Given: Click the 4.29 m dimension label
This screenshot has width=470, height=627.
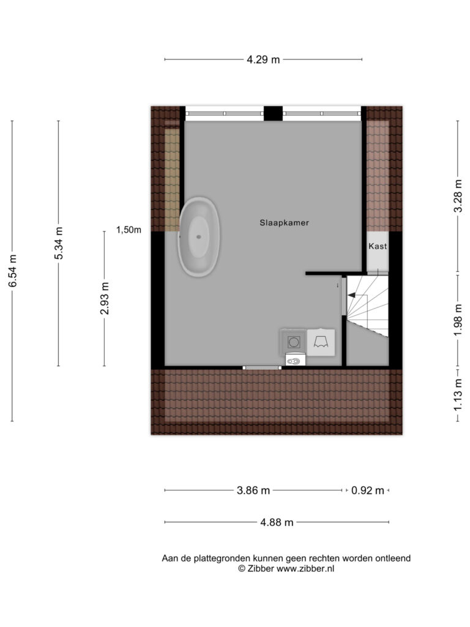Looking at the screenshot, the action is click(263, 59).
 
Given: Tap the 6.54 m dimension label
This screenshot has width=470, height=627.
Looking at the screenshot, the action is click(13, 271).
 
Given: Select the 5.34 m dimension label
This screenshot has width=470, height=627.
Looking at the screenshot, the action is click(59, 243).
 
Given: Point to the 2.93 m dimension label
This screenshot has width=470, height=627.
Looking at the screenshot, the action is click(104, 298).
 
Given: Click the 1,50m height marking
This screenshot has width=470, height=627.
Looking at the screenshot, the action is click(129, 230).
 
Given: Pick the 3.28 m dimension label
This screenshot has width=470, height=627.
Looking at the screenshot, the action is click(458, 196).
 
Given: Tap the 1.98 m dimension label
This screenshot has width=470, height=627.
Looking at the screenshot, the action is click(458, 320).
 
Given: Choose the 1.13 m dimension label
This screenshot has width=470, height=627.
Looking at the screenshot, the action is click(458, 395).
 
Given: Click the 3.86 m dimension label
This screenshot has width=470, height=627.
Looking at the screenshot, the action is click(253, 490).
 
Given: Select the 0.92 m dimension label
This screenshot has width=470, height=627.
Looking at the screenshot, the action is click(367, 490).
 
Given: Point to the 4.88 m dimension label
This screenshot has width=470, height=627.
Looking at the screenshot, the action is click(277, 522).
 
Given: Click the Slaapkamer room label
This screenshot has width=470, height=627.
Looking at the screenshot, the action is click(284, 223).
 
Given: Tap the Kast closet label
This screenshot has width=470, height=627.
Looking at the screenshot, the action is click(378, 246).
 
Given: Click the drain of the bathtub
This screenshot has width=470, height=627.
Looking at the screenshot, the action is click(199, 237).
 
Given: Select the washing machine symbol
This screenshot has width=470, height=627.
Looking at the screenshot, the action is click(293, 342).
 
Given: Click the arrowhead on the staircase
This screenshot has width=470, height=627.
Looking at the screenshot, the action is click(351, 295).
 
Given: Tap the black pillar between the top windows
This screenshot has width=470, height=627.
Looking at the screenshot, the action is click(273, 113).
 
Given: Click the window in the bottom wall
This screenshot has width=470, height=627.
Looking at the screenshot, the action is click(262, 367).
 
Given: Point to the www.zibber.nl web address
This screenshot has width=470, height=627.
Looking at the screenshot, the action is click(305, 569).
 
